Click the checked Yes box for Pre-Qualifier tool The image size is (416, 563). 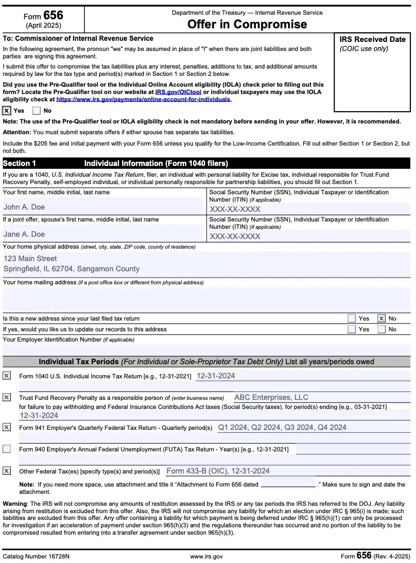coord(7,111)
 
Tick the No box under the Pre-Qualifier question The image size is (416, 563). coord(37,111)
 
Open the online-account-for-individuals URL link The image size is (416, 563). coord(143,99)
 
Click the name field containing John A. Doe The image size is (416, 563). coord(24,207)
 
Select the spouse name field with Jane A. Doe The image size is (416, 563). coord(24,234)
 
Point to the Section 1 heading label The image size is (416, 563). coord(19,164)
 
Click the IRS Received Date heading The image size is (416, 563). coord(372,40)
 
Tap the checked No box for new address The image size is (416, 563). coord(381,319)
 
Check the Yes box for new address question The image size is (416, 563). coord(352,319)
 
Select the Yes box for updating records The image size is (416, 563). coord(352,329)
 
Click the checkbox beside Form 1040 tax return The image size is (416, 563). coord(7,376)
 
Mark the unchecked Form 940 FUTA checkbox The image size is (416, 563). coord(7,449)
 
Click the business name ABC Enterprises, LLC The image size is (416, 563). coord(271,398)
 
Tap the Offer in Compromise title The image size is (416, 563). coord(247,24)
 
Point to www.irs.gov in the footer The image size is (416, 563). coord(207,556)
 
